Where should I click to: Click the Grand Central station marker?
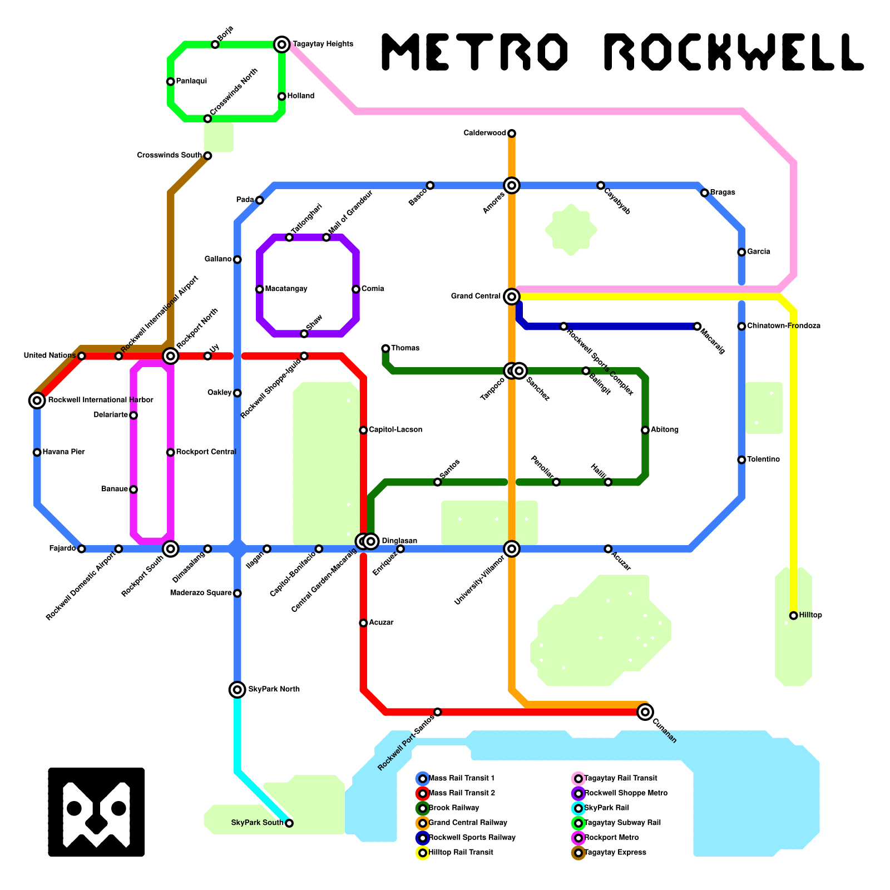[x=512, y=296]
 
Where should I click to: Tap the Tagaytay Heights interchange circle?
[x=282, y=44]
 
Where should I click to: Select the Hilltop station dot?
[x=794, y=615]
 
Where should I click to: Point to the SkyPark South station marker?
[x=289, y=823]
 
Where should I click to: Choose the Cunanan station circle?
[x=645, y=711]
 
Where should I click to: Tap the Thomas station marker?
[x=385, y=348]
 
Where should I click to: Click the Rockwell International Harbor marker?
[x=37, y=400]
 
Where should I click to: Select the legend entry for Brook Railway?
[x=453, y=808]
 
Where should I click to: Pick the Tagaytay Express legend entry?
[x=615, y=852]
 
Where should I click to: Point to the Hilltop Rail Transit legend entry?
[x=461, y=852]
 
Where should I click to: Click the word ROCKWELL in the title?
[x=733, y=52]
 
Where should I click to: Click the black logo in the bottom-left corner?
[x=96, y=812]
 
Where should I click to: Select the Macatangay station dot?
[x=260, y=289]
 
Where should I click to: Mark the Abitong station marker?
[x=645, y=430]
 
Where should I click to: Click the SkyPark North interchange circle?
[x=238, y=690]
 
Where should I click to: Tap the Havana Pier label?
[x=63, y=452]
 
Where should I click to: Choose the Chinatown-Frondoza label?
[x=784, y=326]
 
